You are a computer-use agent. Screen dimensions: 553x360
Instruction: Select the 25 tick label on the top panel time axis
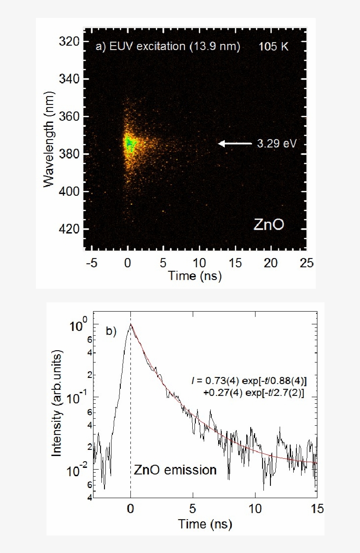tap(306, 262)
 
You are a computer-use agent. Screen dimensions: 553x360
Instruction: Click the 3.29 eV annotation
tap(274, 144)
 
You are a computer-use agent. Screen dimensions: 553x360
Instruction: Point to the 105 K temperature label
tap(274, 46)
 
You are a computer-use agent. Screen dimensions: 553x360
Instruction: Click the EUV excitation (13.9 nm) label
tap(168, 46)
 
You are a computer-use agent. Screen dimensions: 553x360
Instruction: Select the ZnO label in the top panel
tap(269, 225)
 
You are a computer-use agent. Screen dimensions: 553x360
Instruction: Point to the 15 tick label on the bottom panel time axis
tap(316, 509)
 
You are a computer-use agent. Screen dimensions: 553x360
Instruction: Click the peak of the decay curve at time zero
tap(130, 325)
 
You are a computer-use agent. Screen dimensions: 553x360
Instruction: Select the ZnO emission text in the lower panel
tap(175, 470)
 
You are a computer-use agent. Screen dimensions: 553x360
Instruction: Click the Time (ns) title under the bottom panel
tap(205, 524)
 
